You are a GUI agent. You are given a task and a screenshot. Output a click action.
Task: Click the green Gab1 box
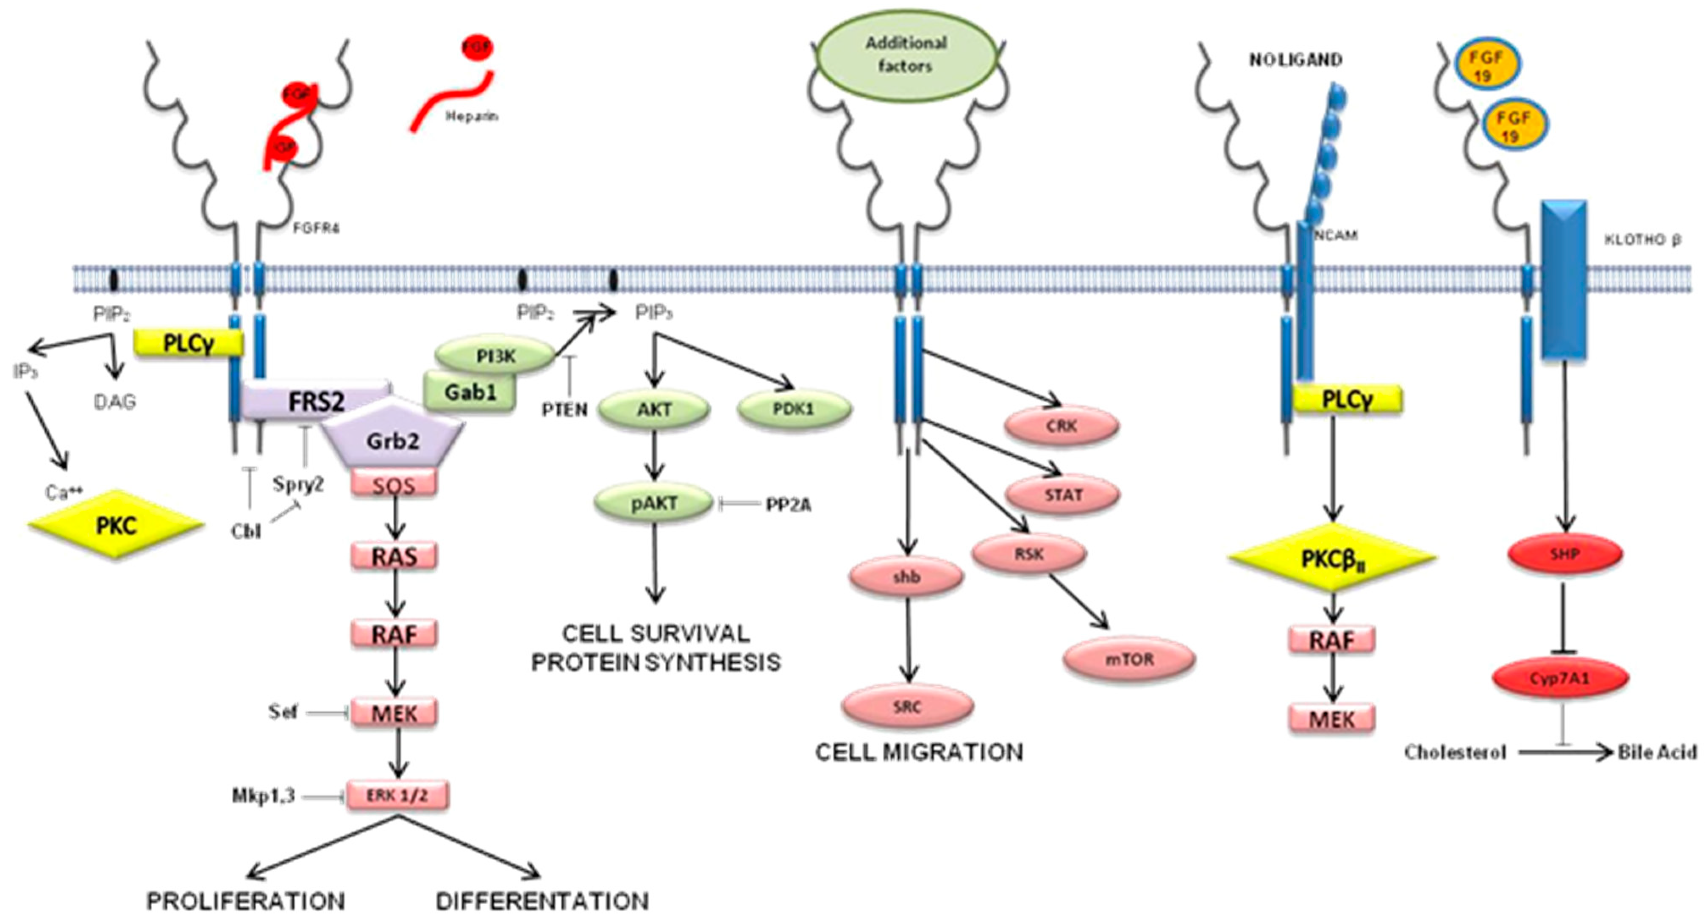[x=470, y=392]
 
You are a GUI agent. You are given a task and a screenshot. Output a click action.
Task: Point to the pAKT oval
[x=654, y=503]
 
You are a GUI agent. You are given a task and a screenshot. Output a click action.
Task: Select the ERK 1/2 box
[x=397, y=795]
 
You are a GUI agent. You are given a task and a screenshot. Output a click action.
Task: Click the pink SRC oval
[x=907, y=707]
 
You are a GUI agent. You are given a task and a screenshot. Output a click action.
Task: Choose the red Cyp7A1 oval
[x=1560, y=678]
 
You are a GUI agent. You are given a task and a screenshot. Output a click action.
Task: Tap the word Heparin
[x=472, y=117]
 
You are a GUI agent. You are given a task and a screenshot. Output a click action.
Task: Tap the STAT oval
[x=1063, y=495]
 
